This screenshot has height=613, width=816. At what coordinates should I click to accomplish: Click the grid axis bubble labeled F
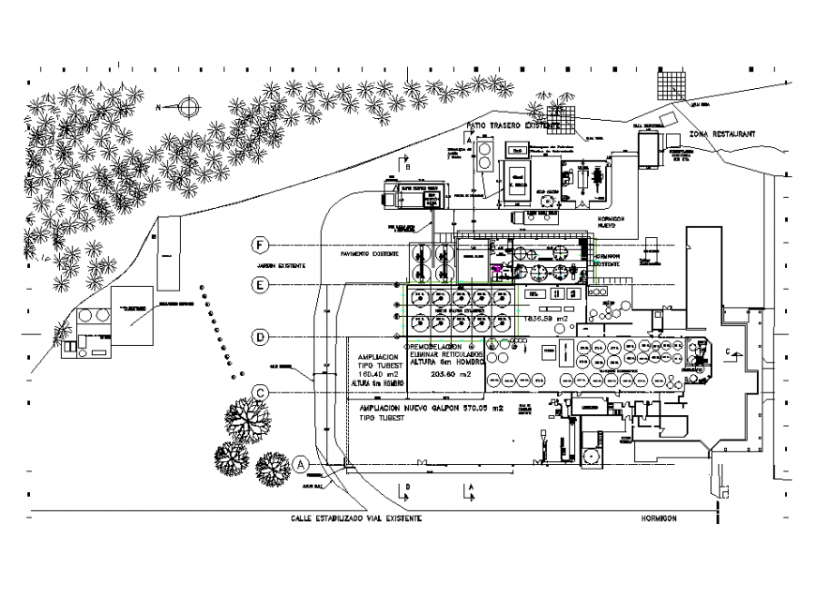point(260,245)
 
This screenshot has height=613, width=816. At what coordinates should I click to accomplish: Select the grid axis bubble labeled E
point(260,284)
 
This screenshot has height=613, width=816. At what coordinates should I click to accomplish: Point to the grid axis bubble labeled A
point(300,463)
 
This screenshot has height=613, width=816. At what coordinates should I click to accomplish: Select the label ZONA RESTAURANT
point(721,135)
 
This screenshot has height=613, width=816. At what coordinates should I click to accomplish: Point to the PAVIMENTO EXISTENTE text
point(370,254)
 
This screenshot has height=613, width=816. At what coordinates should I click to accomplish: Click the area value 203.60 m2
point(447,374)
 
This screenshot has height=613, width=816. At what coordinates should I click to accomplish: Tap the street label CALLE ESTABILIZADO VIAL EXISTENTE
point(356,518)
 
